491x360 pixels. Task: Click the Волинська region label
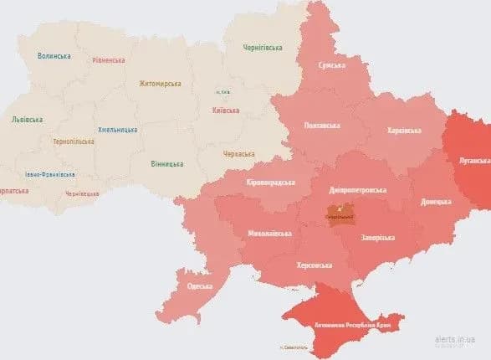tap(54, 56)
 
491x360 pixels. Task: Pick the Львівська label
tap(26, 120)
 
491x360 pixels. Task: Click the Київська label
tap(226, 110)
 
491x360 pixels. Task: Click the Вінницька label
tap(167, 163)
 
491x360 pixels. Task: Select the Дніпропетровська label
tap(356, 190)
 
